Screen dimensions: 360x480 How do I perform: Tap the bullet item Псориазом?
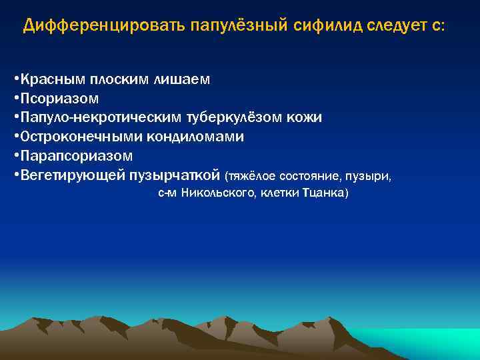pyautogui.click(x=59, y=99)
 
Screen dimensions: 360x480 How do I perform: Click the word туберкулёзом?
pyautogui.click(x=217, y=118)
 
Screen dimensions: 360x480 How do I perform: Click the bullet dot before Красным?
pyautogui.click(x=15, y=80)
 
